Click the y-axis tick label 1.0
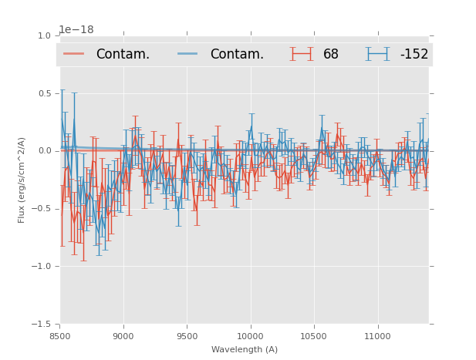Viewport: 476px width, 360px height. [x=45, y=35]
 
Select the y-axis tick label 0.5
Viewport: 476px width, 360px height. [x=45, y=93]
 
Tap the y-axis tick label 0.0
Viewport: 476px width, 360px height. [x=45, y=151]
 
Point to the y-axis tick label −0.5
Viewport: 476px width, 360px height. [x=42, y=209]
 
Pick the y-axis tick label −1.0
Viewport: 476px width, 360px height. [x=42, y=267]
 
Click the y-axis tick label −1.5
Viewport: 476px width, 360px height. [x=42, y=325]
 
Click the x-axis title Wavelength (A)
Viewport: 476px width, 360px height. [x=245, y=349]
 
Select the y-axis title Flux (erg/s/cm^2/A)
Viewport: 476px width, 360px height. [x=22, y=180]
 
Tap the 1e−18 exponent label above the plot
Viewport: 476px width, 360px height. [x=76, y=30]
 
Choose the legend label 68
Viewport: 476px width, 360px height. [x=331, y=54]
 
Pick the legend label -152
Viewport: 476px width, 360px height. [x=414, y=54]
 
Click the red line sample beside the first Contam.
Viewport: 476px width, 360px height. [x=74, y=54]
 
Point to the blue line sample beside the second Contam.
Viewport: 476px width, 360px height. [x=188, y=54]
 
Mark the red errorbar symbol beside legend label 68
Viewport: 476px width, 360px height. [x=302, y=54]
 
